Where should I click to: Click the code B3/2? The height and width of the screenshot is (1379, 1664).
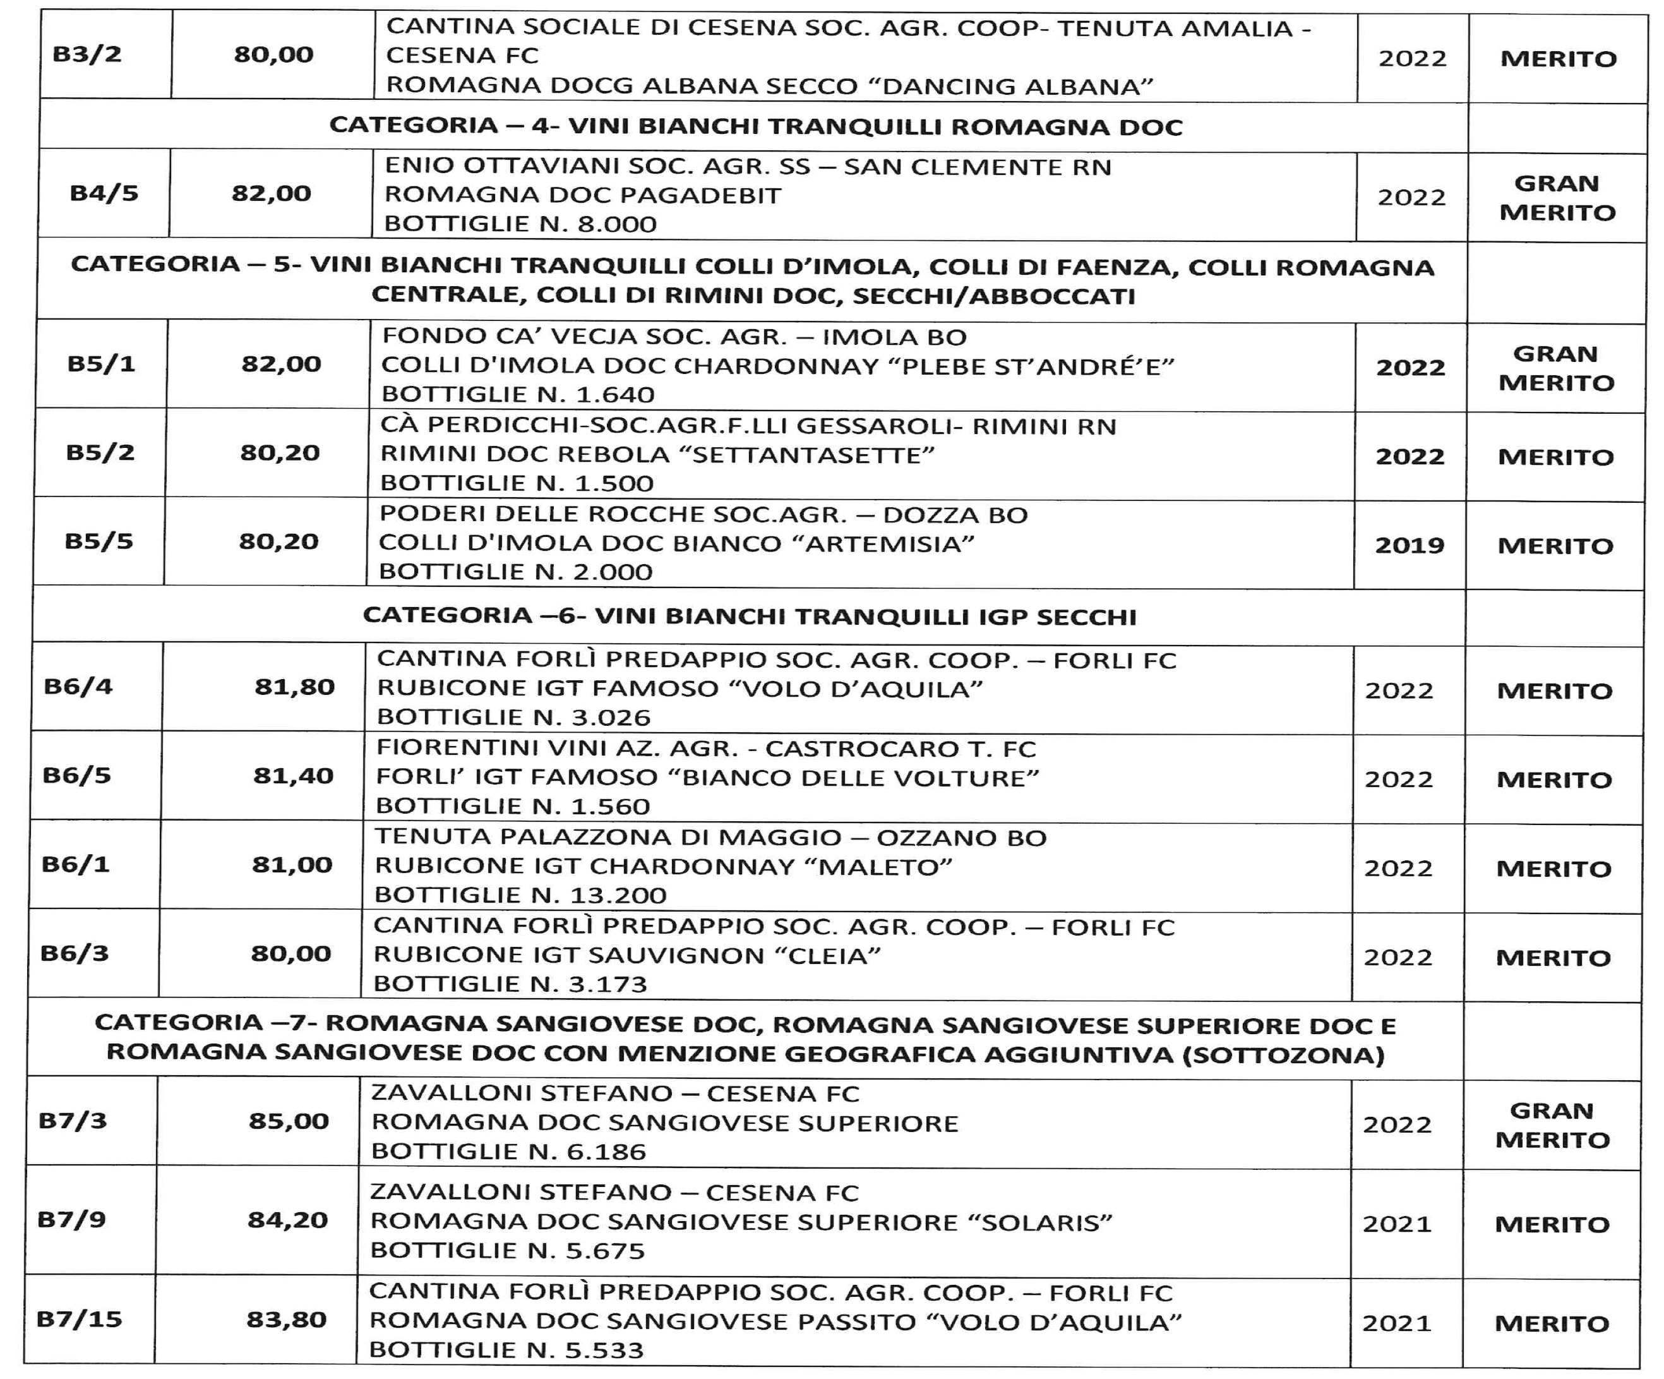point(87,55)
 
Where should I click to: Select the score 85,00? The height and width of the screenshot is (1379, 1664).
point(289,1121)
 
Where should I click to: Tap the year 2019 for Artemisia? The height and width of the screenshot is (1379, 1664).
point(1410,545)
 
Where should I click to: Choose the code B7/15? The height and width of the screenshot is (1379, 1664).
point(79,1319)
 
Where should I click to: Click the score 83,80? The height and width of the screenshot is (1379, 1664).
point(286,1319)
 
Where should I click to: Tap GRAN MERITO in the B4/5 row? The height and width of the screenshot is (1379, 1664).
point(1557,197)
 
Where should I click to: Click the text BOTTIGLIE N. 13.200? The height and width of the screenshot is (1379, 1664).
point(520,894)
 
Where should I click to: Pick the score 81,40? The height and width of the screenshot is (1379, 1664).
point(293,775)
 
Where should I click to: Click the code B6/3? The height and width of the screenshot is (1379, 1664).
point(75,953)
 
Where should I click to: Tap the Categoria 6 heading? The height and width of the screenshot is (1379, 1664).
point(749,616)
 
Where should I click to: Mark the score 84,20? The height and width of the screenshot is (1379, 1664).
point(287,1220)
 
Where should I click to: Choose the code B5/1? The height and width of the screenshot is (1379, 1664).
point(102,364)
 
